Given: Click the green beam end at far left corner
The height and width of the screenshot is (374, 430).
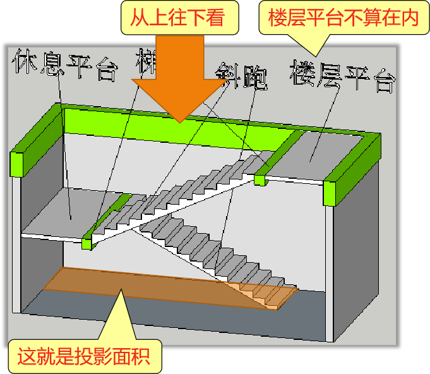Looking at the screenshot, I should click(x=17, y=162).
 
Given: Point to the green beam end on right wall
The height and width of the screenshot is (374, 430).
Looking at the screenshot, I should click(x=329, y=193).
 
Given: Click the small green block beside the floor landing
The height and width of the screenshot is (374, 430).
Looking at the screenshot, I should click(x=259, y=179).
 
